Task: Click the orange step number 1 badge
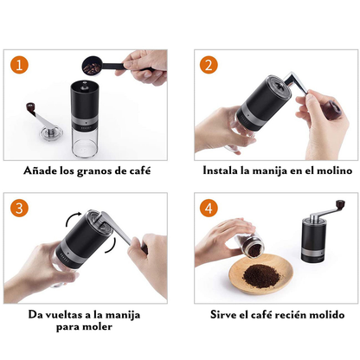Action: coord(21,65)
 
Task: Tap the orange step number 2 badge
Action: coord(208,65)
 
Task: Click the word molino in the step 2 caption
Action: coord(332,170)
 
